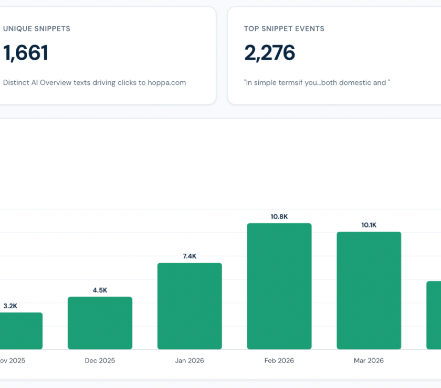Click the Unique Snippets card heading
pyautogui.click(x=37, y=29)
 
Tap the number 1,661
pyautogui.click(x=26, y=53)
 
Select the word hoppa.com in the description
pyautogui.click(x=167, y=83)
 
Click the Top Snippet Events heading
pyautogui.click(x=284, y=29)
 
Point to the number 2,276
pyautogui.click(x=269, y=53)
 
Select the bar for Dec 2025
pyautogui.click(x=100, y=323)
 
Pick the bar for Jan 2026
pyautogui.click(x=190, y=306)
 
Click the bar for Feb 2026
pyautogui.click(x=279, y=286)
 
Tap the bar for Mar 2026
pyautogui.click(x=369, y=290)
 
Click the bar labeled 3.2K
pyautogui.click(x=21, y=331)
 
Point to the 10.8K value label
pyautogui.click(x=279, y=217)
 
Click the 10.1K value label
pyautogui.click(x=369, y=225)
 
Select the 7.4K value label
pyautogui.click(x=190, y=256)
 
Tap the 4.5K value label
pyautogui.click(x=100, y=290)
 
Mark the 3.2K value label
pyautogui.click(x=10, y=306)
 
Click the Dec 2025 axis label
pyautogui.click(x=100, y=360)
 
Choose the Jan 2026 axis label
pyautogui.click(x=190, y=360)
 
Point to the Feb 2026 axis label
pyautogui.click(x=279, y=360)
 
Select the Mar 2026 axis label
pyautogui.click(x=369, y=360)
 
